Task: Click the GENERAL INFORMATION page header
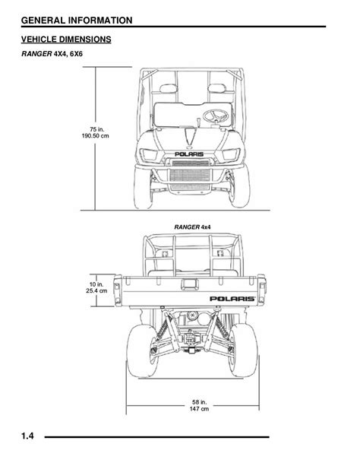tap(77, 21)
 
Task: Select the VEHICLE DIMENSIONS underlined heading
tap(66, 40)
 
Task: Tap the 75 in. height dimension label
tap(96, 129)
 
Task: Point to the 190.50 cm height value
tap(96, 136)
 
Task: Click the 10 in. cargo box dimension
tap(96, 284)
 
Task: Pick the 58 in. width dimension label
tap(199, 402)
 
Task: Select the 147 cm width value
tap(199, 409)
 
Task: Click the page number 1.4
tap(27, 436)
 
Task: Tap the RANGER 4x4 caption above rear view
tap(192, 227)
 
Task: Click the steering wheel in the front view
tap(216, 116)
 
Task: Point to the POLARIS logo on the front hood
tap(189, 154)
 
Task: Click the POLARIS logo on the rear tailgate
tap(232, 299)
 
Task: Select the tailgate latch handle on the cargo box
tap(190, 284)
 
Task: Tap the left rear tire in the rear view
tap(142, 351)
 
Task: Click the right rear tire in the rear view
tap(243, 350)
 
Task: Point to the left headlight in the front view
tap(149, 154)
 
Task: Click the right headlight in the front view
tap(231, 154)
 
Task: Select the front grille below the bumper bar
tap(190, 176)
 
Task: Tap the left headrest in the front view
tap(169, 88)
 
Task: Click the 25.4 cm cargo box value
tap(96, 290)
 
